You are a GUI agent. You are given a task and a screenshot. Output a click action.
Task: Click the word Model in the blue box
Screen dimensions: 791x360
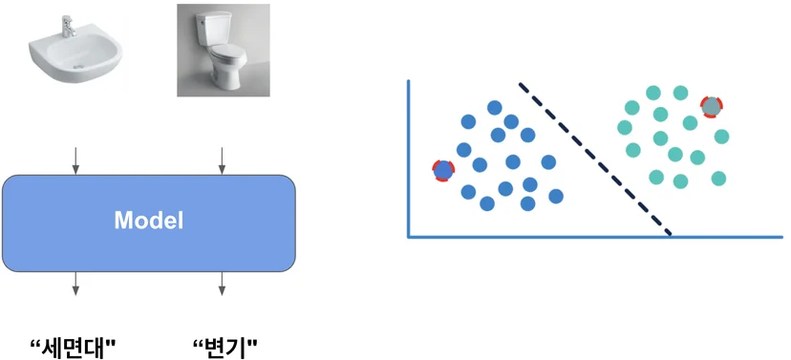pos(149,221)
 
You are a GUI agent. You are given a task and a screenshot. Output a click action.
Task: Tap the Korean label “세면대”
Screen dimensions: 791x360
pos(74,348)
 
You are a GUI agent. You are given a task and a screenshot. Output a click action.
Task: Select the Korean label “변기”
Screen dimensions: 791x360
pos(225,348)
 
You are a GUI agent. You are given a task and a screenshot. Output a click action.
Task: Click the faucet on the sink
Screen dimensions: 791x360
pos(68,26)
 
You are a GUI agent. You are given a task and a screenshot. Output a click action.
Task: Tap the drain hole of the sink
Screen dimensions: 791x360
pos(77,66)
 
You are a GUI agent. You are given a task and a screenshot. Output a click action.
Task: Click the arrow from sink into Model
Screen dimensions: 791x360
pos(75,160)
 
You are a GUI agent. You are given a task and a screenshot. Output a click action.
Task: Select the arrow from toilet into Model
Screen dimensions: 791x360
pos(222,160)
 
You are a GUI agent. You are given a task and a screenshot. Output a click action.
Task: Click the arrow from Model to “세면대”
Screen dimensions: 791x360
pos(75,284)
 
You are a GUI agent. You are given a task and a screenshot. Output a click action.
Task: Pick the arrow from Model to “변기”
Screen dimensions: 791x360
pos(222,284)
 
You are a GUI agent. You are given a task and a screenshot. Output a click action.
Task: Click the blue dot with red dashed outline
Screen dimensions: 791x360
pos(443,170)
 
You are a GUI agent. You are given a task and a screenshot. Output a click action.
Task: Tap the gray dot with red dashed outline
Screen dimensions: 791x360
pos(712,106)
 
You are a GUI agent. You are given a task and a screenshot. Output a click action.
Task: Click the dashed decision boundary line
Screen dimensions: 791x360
pos(595,159)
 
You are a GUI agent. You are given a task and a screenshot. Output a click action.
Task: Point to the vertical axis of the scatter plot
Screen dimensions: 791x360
pos(408,159)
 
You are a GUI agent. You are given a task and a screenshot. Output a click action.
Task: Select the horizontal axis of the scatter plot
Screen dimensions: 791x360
pos(595,237)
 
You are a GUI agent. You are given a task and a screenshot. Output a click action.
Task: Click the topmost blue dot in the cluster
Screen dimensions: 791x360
pos(495,107)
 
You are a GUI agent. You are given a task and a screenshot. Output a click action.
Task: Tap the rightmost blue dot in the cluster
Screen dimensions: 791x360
pos(556,196)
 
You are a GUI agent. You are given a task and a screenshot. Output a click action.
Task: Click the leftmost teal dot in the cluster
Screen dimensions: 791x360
pos(625,128)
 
